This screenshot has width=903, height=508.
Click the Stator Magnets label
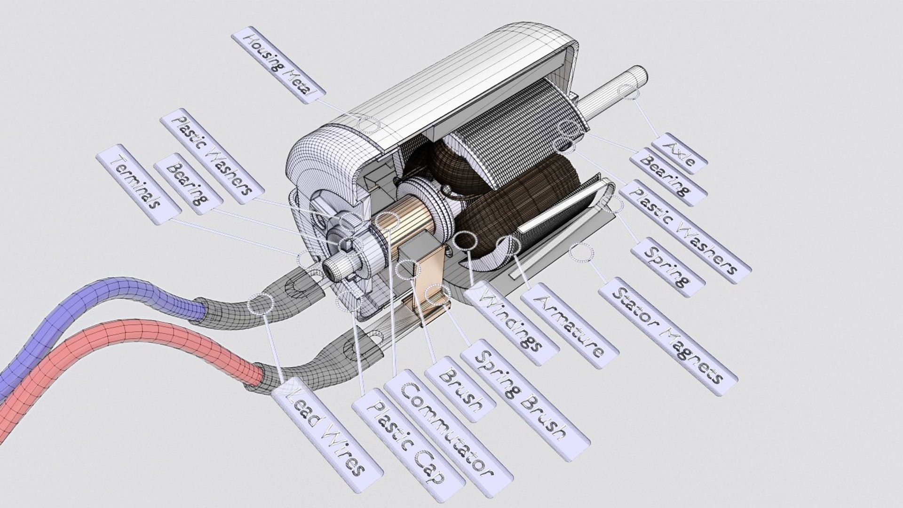(668, 336)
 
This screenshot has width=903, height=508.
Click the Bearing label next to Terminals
(188, 184)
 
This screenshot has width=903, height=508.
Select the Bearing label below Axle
(667, 177)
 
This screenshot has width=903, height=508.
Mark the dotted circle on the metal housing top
(368, 125)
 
